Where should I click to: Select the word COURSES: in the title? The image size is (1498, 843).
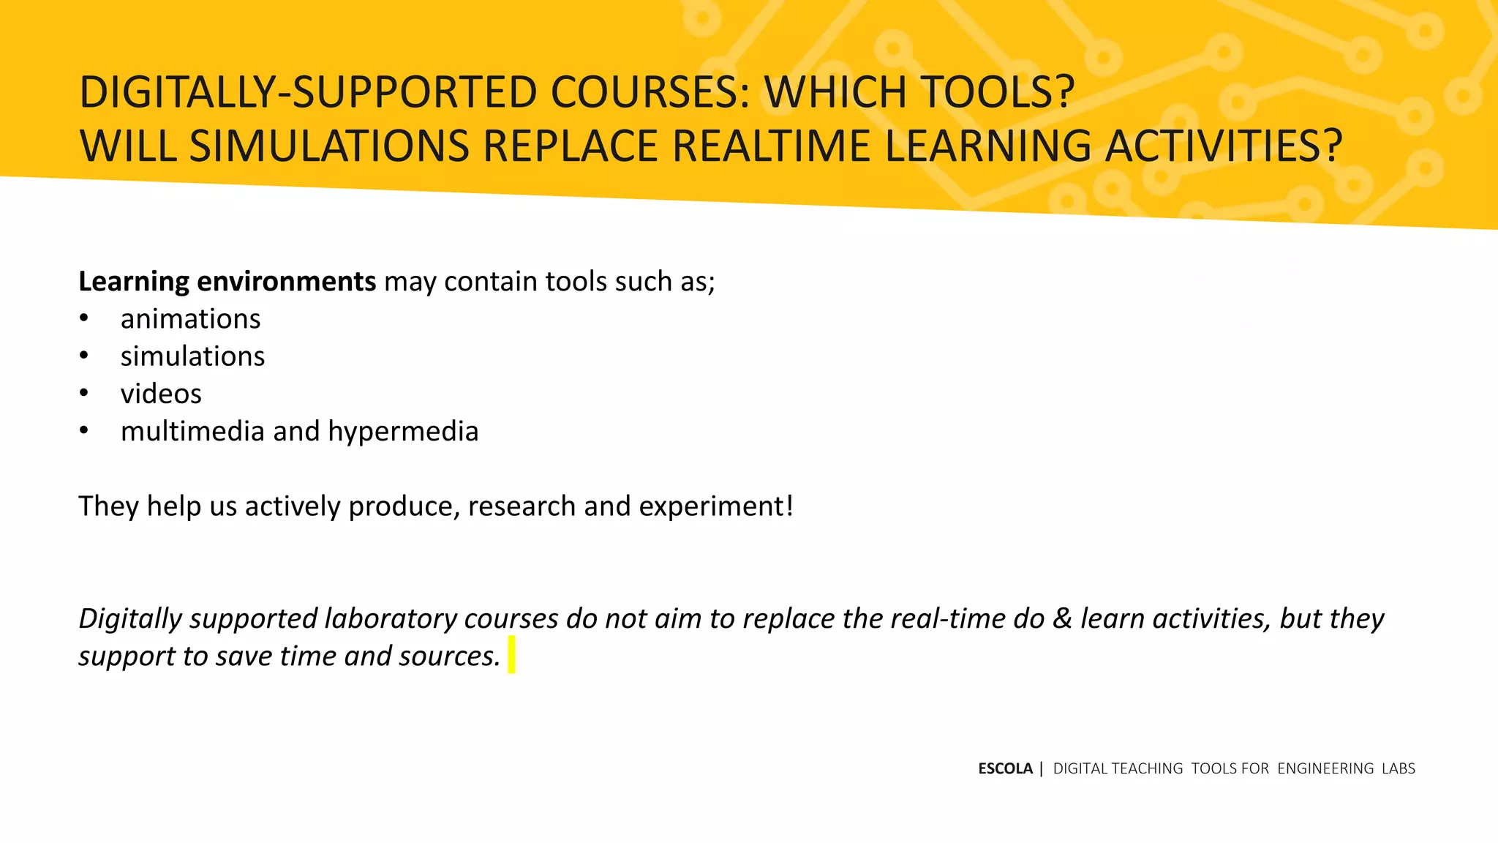650,93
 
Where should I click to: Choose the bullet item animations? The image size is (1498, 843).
190,320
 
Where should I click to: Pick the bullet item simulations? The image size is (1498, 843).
192,357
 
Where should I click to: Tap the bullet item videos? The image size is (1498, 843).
161,394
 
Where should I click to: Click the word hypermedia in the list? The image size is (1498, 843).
403,432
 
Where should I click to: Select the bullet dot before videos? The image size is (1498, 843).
84,394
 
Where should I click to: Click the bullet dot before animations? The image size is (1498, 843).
84,319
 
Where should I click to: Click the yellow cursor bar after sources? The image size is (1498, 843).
511,655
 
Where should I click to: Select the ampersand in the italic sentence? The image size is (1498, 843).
1062,619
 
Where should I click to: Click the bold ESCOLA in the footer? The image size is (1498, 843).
1005,769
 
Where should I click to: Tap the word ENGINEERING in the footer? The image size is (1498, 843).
1325,769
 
